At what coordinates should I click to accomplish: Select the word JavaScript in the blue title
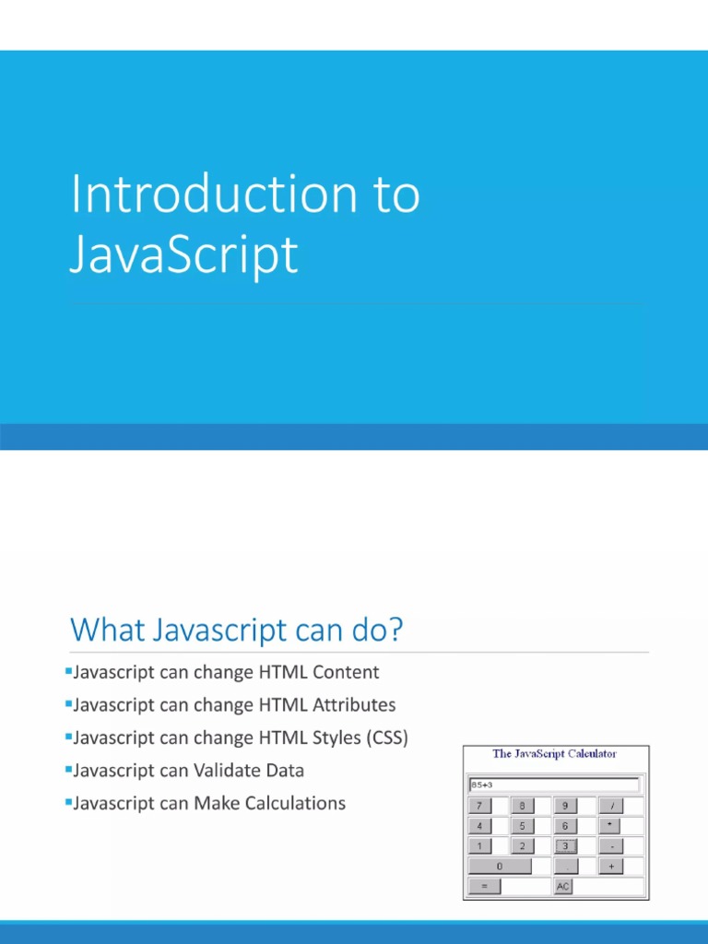184,255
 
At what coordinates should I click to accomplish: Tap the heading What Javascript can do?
237,631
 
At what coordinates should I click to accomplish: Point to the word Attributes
354,705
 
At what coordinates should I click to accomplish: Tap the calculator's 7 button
478,806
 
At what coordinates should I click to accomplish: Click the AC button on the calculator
563,887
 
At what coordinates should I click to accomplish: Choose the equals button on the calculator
484,887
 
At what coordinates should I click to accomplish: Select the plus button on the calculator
610,867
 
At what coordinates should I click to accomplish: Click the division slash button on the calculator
610,806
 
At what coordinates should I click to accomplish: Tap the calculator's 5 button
522,826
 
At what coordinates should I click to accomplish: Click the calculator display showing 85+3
554,785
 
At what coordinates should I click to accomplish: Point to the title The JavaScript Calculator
555,754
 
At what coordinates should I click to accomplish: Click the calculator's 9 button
565,806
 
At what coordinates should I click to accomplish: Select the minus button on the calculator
610,846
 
